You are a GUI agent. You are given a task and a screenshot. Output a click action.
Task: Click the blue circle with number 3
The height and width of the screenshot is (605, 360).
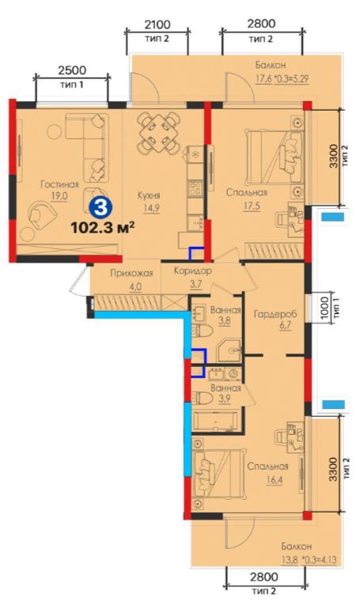coord(101,208)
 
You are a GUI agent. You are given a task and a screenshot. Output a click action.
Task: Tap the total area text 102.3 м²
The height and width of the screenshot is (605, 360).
coord(103,228)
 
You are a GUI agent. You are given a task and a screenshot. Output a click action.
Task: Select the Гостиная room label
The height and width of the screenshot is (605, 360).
coord(59,184)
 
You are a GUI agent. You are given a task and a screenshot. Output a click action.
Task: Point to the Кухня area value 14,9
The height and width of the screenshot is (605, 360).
coord(149,208)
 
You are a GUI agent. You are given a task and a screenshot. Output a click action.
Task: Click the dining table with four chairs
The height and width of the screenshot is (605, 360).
coord(159,131)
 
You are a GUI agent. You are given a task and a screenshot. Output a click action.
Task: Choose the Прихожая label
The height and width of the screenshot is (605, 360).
coord(131,273)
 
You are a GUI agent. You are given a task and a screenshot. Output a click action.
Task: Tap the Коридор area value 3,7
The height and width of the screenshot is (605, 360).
coord(195,285)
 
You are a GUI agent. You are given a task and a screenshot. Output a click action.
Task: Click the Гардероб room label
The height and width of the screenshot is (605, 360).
coord(275,314)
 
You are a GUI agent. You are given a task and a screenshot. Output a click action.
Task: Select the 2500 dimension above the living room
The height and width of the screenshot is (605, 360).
coord(72,70)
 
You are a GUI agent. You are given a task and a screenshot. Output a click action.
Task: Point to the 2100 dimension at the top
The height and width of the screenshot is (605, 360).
coord(157,25)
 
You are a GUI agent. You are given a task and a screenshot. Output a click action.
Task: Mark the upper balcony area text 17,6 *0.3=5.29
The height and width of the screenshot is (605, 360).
coord(282,79)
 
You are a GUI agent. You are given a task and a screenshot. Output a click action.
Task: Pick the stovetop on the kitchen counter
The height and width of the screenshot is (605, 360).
coord(195,188)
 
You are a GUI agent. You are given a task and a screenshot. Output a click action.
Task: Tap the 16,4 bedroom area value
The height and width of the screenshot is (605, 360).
coord(274,480)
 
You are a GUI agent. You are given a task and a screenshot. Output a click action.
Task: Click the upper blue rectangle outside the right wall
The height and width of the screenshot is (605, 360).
coord(332,217)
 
